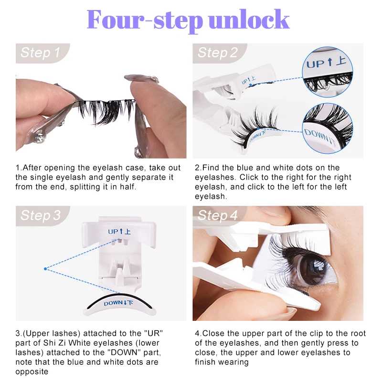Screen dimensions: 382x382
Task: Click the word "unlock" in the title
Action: pyautogui.click(x=249, y=20)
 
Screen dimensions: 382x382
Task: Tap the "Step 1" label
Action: pyautogui.click(x=40, y=53)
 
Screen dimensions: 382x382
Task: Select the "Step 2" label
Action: pyautogui.click(x=217, y=53)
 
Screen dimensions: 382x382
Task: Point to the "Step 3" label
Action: pyautogui.click(x=41, y=215)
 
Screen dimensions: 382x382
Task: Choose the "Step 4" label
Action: pyautogui.click(x=217, y=215)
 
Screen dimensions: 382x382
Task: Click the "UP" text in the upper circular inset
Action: pyautogui.click(x=316, y=64)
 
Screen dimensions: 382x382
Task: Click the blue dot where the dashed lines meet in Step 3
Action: pyautogui.click(x=45, y=269)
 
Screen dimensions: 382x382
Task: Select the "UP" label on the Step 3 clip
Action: pyautogui.click(x=113, y=232)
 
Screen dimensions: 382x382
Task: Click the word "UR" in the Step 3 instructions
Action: pyautogui.click(x=153, y=333)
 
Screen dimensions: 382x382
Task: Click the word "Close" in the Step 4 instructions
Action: pyautogui.click(x=214, y=333)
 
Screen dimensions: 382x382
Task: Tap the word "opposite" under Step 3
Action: pyautogui.click(x=32, y=372)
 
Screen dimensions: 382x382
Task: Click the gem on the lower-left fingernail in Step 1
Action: pyautogui.click(x=39, y=138)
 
